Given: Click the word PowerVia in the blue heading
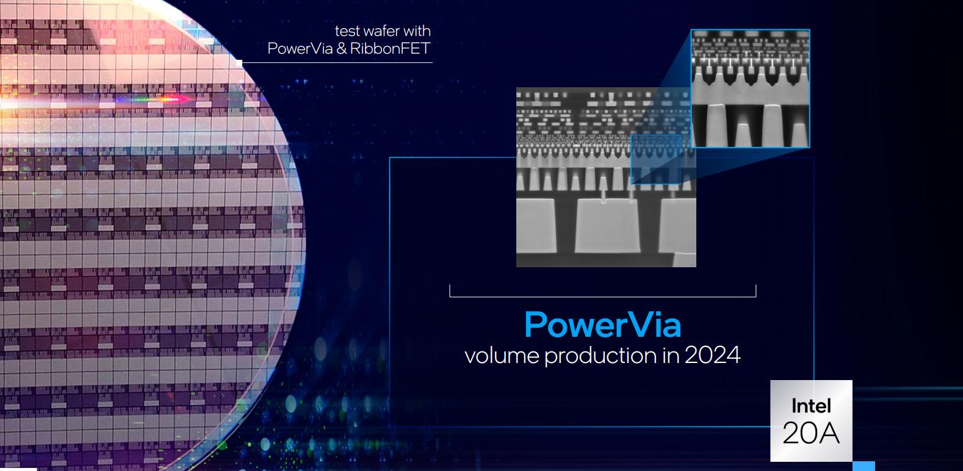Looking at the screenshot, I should [x=602, y=325].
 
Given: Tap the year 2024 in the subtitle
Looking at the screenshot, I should [x=712, y=354].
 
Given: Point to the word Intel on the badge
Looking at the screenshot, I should [x=811, y=406].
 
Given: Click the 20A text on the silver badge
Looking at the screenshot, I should [x=811, y=433].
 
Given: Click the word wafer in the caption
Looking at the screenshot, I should [x=381, y=31].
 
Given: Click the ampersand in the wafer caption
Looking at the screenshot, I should [x=341, y=49].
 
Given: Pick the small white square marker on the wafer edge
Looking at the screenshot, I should [x=239, y=63].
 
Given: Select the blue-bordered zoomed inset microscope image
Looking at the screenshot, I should [x=750, y=88].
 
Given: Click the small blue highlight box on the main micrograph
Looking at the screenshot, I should [x=655, y=159].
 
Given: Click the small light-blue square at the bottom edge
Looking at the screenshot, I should [x=864, y=466].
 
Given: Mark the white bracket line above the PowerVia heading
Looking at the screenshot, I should [x=602, y=296].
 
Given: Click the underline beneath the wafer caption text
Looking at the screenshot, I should [x=336, y=62].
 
